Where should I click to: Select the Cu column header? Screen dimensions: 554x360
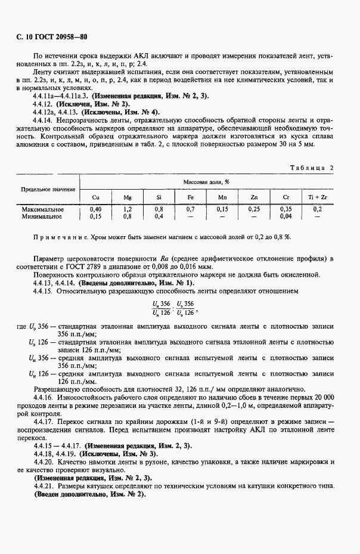pyautogui.click(x=96, y=197)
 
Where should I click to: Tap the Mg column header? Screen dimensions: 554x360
pyautogui.click(x=127, y=197)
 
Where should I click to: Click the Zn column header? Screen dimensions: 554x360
pyautogui.click(x=254, y=197)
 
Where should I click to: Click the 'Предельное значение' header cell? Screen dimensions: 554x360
pyautogui.click(x=48, y=189)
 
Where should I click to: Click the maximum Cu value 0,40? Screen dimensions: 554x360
pyautogui.click(x=95, y=209)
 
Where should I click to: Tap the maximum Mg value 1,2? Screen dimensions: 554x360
pyautogui.click(x=127, y=209)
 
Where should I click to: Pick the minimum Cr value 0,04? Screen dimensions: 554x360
pyautogui.click(x=285, y=216)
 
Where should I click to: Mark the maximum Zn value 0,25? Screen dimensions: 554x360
pyautogui.click(x=254, y=209)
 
